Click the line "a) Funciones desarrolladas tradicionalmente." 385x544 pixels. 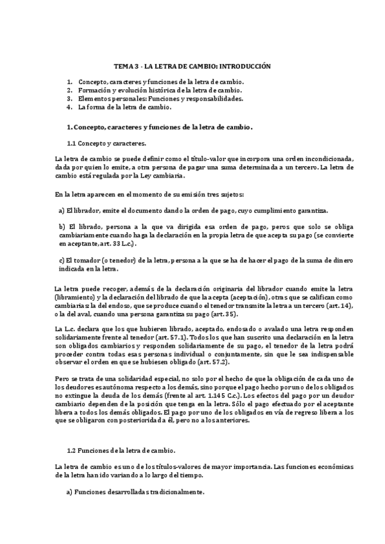(x=131, y=493)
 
